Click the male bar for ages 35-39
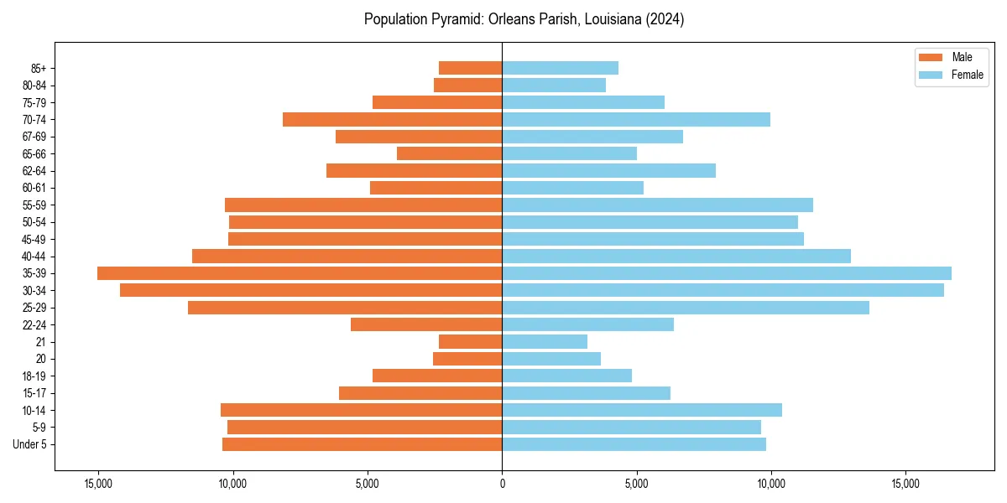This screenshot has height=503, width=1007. click(x=299, y=273)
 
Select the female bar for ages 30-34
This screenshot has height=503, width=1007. click(x=723, y=290)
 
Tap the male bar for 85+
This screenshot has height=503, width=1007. click(x=470, y=68)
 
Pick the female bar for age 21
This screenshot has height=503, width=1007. click(x=545, y=342)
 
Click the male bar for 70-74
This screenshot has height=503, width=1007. click(x=392, y=119)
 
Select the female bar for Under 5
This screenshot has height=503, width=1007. click(x=634, y=444)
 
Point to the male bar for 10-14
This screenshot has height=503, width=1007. click(x=361, y=410)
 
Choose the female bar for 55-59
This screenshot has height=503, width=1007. click(x=657, y=205)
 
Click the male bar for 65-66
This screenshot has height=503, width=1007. click(x=449, y=153)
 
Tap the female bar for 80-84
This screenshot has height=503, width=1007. click(x=554, y=85)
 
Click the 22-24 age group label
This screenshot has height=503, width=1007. click(x=34, y=325)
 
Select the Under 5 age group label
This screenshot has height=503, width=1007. click(x=30, y=444)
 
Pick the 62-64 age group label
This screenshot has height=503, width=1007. click(x=34, y=171)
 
